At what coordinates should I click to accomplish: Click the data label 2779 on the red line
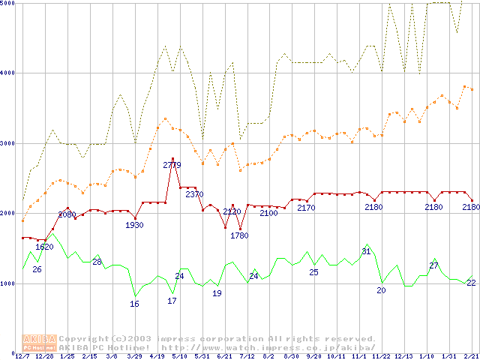tap(172, 165)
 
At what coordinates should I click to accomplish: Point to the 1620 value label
tap(44, 247)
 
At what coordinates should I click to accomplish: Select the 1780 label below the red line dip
tap(239, 235)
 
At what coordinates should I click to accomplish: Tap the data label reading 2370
tap(194, 194)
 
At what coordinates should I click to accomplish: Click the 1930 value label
tap(135, 225)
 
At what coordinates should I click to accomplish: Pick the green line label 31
tap(367, 251)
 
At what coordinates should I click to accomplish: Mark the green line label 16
tap(134, 304)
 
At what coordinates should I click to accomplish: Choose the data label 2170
tap(306, 208)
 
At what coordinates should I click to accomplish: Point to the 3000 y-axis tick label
tap(9, 143)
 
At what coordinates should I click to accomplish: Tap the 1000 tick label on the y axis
tap(9, 283)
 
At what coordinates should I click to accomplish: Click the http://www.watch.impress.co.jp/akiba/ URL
tap(268, 347)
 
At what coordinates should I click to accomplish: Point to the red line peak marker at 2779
tap(172, 158)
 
